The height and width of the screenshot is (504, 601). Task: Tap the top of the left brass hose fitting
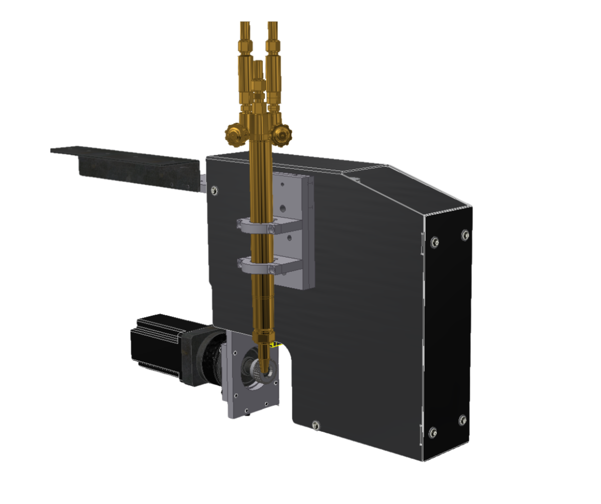[245, 24]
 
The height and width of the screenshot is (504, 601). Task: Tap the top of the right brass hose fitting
[272, 24]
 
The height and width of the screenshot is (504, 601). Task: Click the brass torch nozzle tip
[265, 363]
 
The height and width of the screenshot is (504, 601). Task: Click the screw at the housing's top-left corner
[215, 190]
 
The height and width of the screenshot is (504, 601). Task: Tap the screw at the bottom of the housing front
[315, 425]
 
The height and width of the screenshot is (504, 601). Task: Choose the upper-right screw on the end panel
[465, 234]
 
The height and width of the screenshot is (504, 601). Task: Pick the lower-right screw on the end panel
[462, 419]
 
